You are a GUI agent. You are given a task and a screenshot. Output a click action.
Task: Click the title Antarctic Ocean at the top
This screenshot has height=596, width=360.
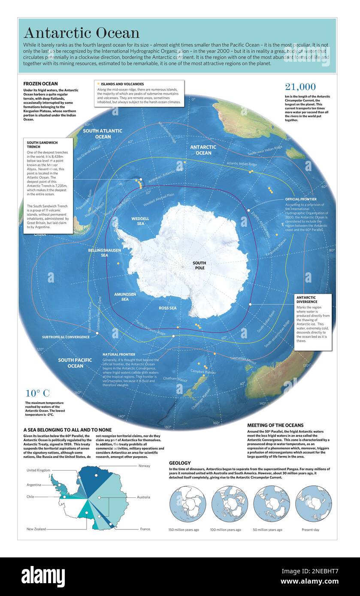82,33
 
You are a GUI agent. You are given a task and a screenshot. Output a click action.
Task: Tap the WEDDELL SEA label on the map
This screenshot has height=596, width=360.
140,221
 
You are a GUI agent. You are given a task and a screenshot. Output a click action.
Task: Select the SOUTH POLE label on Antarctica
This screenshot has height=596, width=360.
199,265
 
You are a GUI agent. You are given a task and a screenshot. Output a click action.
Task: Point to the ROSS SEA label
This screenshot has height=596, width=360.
167,308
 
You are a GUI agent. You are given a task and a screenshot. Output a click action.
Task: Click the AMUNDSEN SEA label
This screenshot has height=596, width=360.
125,297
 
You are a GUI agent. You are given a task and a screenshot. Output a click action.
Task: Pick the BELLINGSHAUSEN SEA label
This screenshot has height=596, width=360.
104,253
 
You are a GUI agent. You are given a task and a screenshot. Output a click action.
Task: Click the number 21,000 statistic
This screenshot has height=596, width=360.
300,87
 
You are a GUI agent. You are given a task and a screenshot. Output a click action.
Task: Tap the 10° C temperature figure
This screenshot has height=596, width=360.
37,393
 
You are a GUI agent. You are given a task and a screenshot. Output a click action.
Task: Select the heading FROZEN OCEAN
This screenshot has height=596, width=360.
40,84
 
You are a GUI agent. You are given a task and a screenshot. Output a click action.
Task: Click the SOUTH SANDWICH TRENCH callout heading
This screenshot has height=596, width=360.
42,144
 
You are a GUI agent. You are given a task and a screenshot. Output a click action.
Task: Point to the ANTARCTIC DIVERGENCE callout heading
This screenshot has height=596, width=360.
307,299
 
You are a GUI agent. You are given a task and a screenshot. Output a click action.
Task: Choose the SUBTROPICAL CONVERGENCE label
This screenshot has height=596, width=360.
66,337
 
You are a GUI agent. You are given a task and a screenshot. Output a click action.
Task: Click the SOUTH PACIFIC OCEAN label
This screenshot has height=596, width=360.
75,363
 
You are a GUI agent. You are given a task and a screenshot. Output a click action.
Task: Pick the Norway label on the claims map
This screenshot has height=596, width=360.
144,466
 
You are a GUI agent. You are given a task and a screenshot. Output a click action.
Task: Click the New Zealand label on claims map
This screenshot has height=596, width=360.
36,529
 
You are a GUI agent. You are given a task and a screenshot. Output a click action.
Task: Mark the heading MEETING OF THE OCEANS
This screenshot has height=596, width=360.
275,425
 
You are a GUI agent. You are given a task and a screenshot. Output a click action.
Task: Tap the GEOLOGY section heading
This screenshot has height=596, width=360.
180,463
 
